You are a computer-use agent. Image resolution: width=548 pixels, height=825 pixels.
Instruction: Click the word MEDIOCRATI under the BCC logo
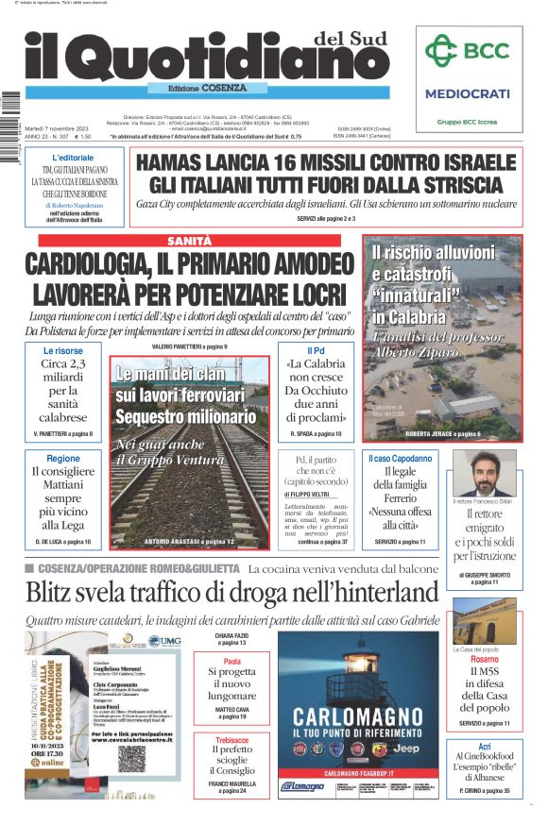coord(467,93)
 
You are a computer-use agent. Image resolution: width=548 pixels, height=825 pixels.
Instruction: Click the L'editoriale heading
coord(73,157)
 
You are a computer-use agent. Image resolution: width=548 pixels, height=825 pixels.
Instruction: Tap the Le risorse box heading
coord(62,350)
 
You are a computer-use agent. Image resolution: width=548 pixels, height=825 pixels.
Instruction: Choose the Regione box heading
coord(63,458)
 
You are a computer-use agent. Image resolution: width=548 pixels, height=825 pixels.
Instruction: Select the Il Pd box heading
coord(316,350)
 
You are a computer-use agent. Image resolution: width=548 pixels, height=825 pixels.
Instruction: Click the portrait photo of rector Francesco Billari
coord(484,472)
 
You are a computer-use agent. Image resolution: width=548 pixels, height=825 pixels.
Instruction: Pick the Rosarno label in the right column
coord(484,659)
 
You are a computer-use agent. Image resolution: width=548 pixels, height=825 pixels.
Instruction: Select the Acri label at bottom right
coord(484,745)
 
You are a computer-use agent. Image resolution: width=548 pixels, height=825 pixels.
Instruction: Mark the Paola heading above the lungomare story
coord(231,662)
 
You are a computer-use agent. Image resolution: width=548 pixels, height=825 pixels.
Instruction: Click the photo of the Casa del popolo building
coord(484,620)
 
